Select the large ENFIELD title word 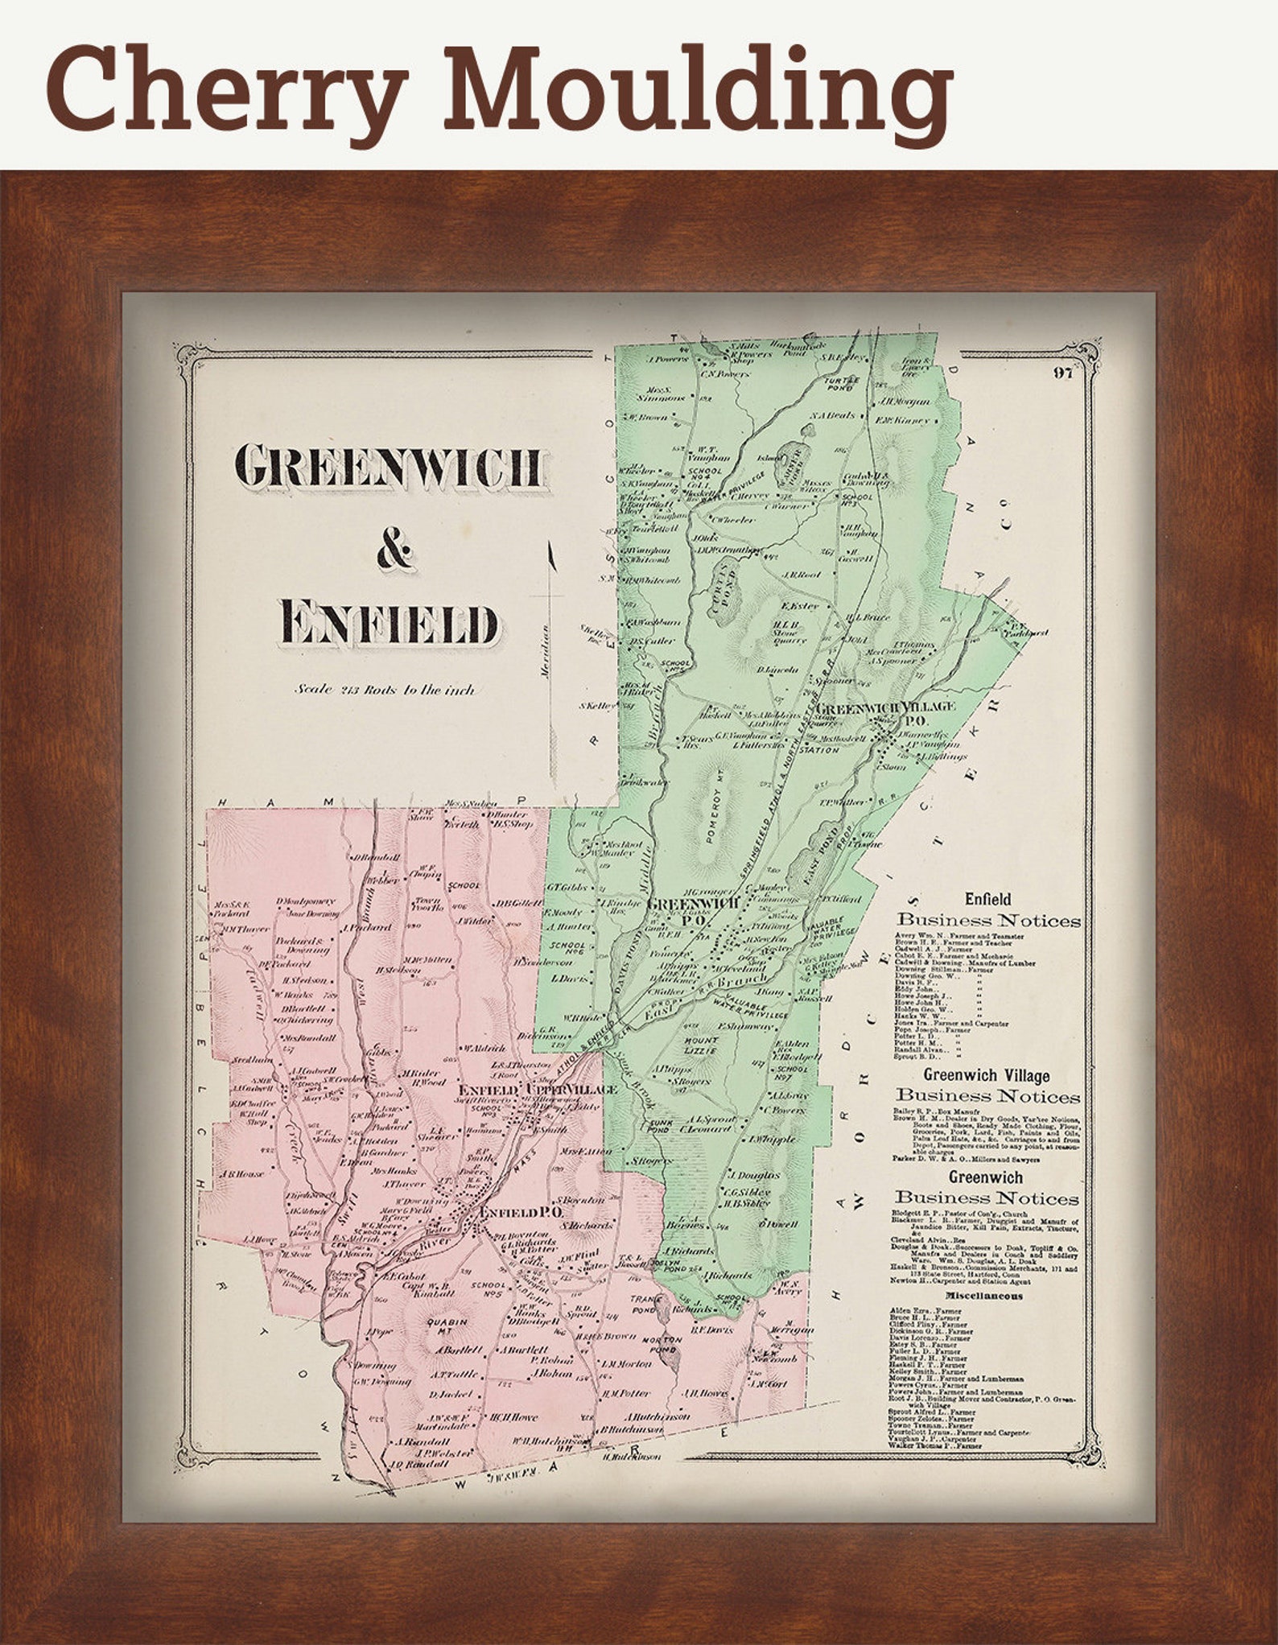pos(390,624)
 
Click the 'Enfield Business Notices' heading pos(988,911)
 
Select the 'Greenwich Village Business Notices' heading pos(987,1086)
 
